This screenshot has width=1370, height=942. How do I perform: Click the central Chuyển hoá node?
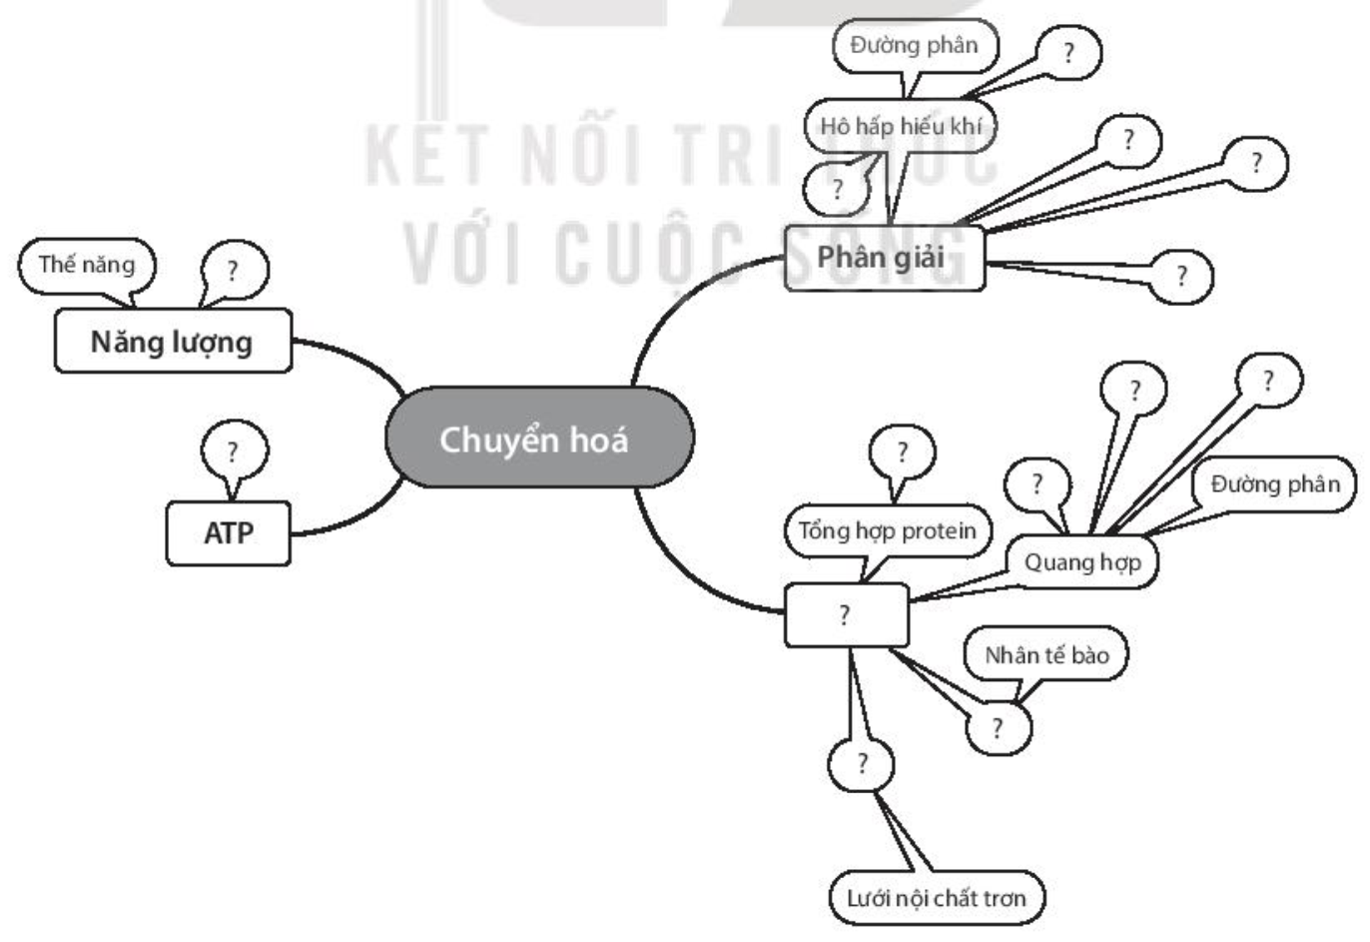click(539, 438)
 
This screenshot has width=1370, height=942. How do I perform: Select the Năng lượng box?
click(173, 341)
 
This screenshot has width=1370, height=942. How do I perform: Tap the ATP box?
click(228, 533)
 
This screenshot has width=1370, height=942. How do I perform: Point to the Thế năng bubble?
click(87, 266)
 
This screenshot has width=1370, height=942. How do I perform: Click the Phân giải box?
click(885, 258)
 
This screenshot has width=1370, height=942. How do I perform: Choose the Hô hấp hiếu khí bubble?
click(901, 126)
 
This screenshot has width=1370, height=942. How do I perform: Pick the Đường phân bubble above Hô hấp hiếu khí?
click(915, 46)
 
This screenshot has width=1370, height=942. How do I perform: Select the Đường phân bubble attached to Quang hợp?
click(1274, 484)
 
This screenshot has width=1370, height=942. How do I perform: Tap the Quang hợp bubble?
click(1082, 562)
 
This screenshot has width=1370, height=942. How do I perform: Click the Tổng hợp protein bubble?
click(888, 531)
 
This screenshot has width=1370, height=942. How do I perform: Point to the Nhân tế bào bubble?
click(1046, 654)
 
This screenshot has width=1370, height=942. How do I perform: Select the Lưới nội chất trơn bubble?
click(937, 898)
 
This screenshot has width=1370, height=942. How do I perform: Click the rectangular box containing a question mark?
click(847, 614)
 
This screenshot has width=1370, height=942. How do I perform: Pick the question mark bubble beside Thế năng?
click(235, 270)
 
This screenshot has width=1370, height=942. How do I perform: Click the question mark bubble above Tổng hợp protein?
click(903, 453)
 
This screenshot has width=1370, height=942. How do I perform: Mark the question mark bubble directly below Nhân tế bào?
click(999, 728)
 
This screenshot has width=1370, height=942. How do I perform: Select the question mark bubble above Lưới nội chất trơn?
click(861, 764)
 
